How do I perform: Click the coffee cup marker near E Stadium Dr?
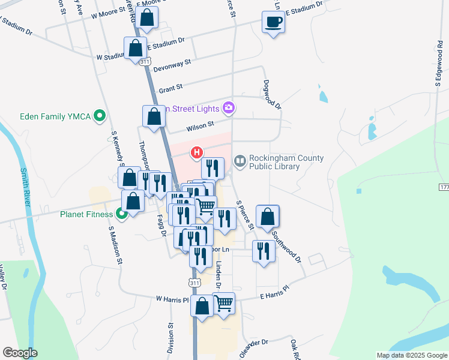273,23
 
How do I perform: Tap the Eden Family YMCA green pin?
101,116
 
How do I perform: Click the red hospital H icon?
196,153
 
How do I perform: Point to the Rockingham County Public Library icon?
240,161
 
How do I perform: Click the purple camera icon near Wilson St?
229,108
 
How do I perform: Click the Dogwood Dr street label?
272,94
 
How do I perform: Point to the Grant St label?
171,89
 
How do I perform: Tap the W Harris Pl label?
172,298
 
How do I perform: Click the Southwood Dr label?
285,246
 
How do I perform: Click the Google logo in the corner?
20,353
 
